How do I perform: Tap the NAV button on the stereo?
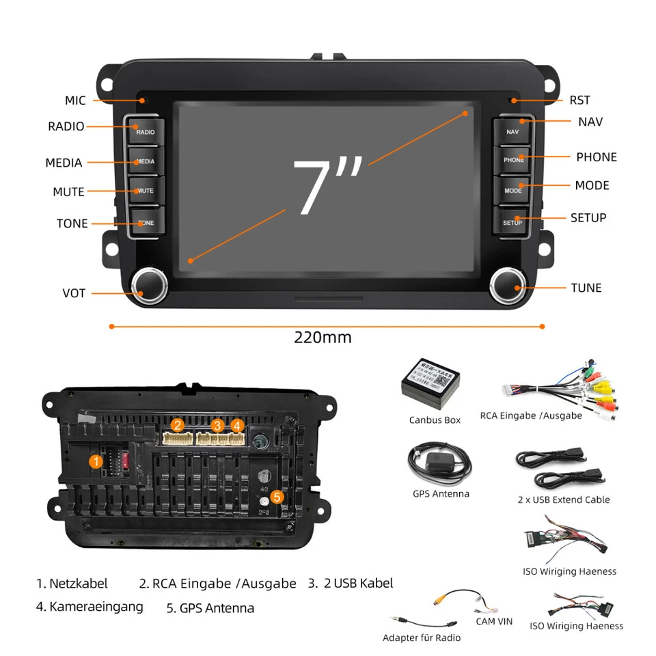512,130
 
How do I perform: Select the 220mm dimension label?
323,337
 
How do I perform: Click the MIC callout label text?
75,100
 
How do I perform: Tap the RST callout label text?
579,100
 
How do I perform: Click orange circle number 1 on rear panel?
96,462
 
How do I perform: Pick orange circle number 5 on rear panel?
277,497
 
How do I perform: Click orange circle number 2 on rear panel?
178,425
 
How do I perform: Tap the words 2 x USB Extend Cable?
563,500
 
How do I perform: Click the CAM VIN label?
494,621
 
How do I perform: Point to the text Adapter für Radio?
421,638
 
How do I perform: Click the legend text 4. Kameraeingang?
90,606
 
